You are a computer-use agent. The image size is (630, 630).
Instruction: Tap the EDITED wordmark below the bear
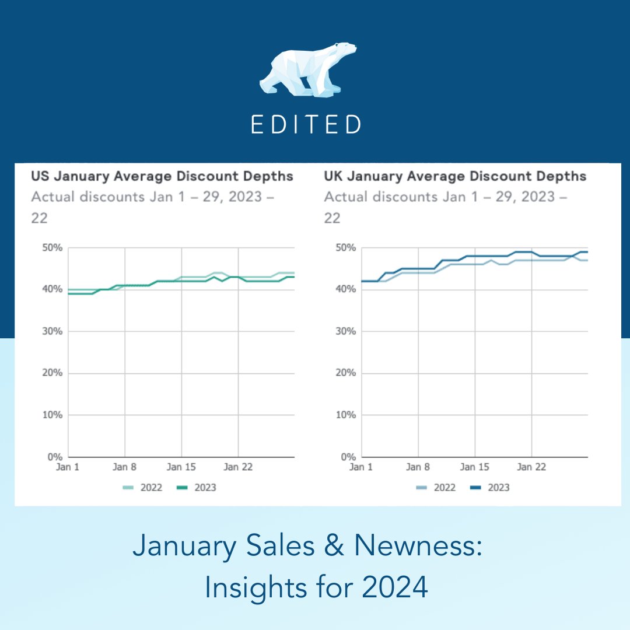coord(306,124)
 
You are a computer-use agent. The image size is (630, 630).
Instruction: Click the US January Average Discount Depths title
coord(162,176)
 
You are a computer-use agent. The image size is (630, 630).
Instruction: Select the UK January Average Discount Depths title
coord(455,176)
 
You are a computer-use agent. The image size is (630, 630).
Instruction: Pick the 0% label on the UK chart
coord(347,457)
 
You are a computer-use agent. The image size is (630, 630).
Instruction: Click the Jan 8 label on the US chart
coord(124,467)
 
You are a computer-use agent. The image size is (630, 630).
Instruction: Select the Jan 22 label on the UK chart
coord(531,467)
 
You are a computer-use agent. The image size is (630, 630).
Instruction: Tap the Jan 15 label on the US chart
coord(181,467)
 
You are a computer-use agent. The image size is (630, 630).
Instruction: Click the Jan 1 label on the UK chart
coord(360,467)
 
